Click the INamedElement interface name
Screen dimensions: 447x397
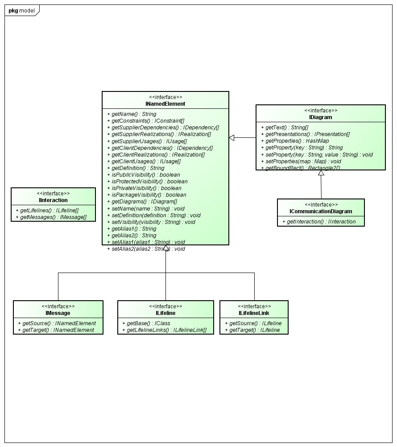tap(165, 104)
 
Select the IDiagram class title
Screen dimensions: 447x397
tap(321, 117)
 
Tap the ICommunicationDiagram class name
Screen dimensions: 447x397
tap(321, 211)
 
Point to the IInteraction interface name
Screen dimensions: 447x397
tap(53, 200)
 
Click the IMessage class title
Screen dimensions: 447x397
tap(58, 313)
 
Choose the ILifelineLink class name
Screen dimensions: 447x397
tap(254, 313)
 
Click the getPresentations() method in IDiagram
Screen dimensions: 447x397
tap(307, 134)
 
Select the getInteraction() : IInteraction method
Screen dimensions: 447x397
tap(319, 222)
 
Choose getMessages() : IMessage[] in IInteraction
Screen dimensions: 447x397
tap(51, 217)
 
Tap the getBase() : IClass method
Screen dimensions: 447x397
tap(146, 323)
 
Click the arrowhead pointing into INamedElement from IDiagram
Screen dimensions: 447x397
tap(232, 138)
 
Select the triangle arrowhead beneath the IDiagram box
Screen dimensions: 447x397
tap(321, 173)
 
